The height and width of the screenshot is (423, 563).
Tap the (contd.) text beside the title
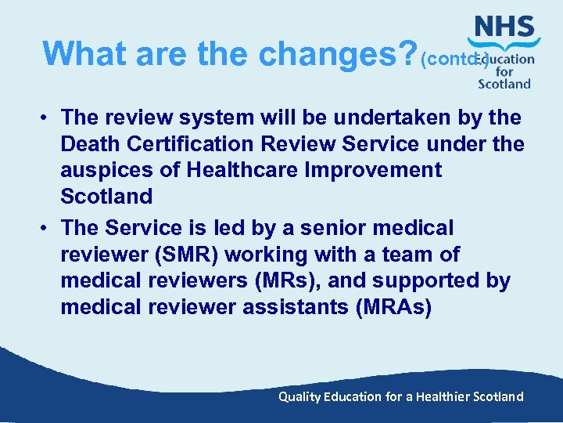pyautogui.click(x=455, y=58)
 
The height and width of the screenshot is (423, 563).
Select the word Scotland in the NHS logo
pyautogui.click(x=504, y=84)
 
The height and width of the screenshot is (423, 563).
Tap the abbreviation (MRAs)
pyautogui.click(x=393, y=306)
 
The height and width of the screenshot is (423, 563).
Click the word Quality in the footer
pyautogui.click(x=299, y=396)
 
